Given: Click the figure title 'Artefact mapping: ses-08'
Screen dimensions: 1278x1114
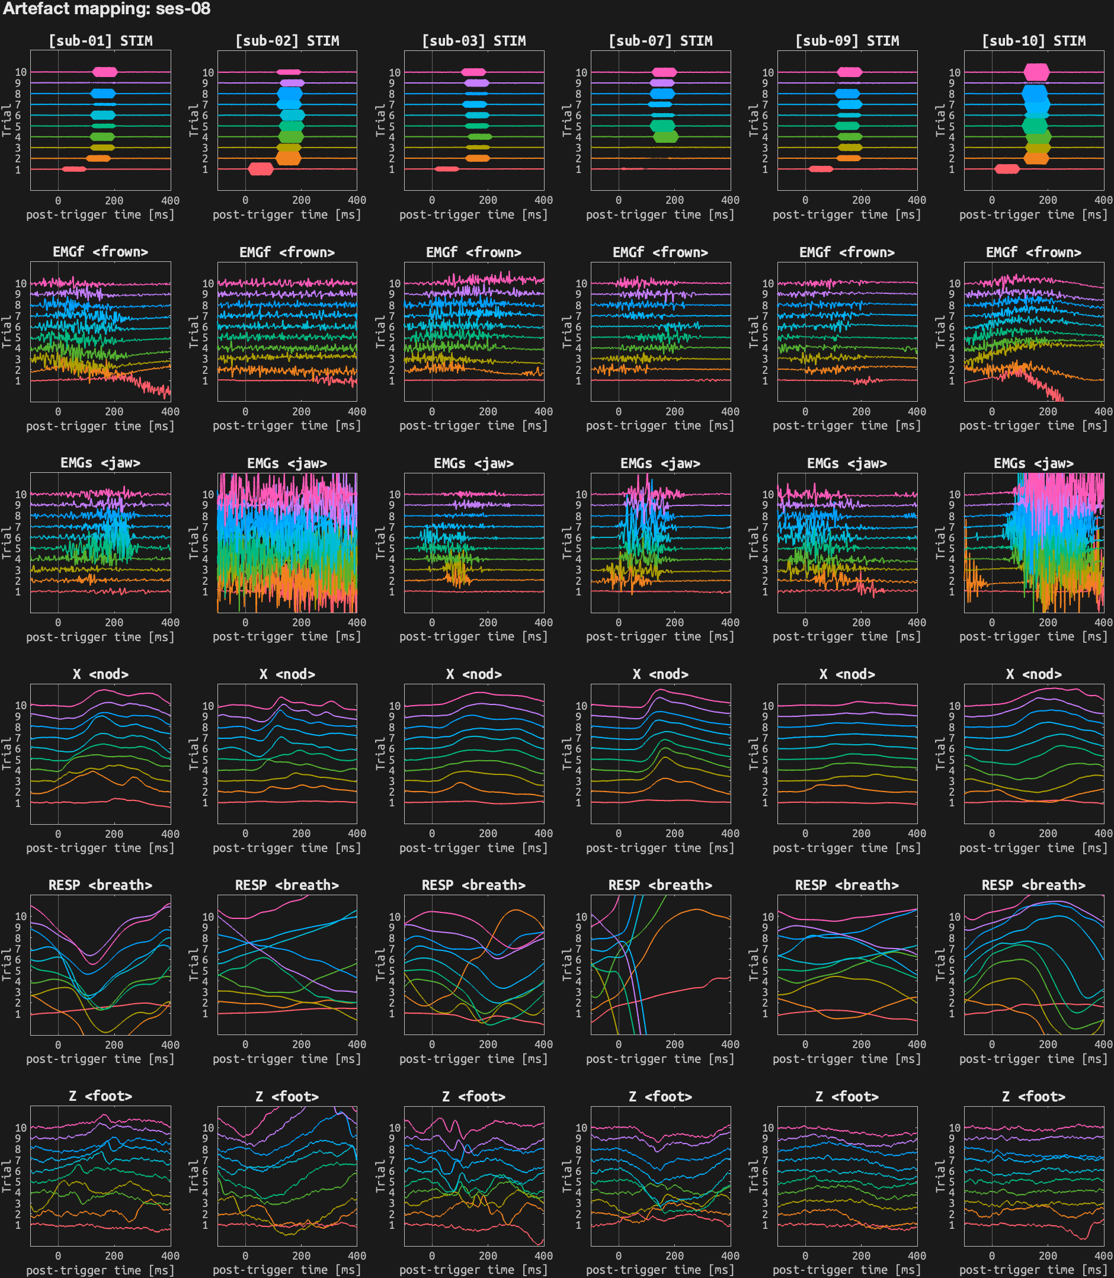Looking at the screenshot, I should (106, 9).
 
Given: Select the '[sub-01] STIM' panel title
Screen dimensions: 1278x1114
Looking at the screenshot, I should (101, 41).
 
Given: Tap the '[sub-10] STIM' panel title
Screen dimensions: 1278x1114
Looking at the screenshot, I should (1033, 41).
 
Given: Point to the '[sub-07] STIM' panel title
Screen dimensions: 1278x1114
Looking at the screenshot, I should (660, 41).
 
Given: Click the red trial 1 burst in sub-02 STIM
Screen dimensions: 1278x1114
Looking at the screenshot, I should (261, 169).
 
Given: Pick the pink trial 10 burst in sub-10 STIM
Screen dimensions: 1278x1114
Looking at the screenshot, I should (1036, 72).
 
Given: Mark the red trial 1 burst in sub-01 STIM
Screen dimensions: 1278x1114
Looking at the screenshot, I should (74, 169).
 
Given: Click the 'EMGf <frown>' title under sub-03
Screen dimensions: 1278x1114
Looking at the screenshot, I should (473, 252).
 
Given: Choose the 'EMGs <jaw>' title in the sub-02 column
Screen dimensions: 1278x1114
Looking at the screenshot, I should (287, 463).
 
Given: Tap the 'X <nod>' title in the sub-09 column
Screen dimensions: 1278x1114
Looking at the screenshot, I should (847, 674).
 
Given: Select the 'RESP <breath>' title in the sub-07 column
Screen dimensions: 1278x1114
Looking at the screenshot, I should (660, 885).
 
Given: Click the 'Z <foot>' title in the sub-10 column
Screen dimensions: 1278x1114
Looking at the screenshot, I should (1033, 1097).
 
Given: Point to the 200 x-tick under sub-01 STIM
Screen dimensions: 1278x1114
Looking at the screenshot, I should (114, 201).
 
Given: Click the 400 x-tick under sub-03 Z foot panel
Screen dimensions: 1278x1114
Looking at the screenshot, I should (543, 1255).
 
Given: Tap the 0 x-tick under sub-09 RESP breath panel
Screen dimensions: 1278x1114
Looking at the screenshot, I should (805, 1045).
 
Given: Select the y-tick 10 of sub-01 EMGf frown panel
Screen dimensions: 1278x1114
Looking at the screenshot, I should (21, 283).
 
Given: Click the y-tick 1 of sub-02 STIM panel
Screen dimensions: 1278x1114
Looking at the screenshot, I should (205, 169).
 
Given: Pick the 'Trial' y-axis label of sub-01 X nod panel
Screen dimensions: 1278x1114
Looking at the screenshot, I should (7, 754).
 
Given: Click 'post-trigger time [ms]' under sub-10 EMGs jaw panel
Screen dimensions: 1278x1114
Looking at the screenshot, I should (1033, 636).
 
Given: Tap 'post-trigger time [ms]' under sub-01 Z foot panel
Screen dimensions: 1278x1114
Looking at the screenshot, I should (101, 1270).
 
